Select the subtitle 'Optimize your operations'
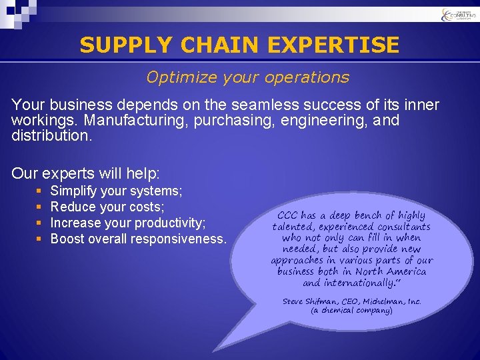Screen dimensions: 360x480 click(x=247, y=77)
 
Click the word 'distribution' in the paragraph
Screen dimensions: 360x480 click(x=49, y=135)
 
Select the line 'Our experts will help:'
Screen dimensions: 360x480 click(x=86, y=174)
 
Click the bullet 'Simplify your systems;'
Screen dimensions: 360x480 click(x=116, y=191)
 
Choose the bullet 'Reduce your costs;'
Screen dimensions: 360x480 click(x=107, y=207)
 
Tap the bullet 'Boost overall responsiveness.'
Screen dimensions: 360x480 click(x=139, y=239)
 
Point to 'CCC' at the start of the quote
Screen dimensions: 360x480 click(x=287, y=215)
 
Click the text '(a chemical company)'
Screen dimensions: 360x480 click(x=351, y=311)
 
